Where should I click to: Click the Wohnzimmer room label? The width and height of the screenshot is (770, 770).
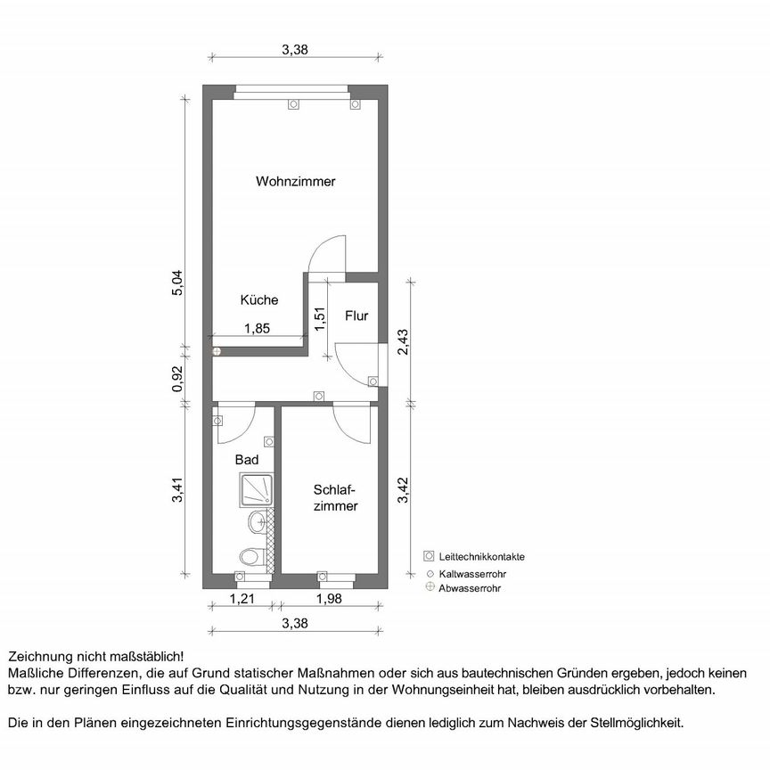click(295, 182)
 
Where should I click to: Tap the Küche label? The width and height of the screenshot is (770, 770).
click(258, 301)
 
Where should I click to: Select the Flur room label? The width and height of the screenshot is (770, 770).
click(356, 315)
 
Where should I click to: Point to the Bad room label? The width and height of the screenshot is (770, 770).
click(247, 460)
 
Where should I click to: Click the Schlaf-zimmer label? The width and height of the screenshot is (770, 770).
click(335, 498)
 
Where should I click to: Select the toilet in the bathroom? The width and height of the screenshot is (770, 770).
click(250, 557)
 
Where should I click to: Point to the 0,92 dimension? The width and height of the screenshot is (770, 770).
click(177, 379)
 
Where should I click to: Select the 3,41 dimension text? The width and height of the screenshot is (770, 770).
click(177, 491)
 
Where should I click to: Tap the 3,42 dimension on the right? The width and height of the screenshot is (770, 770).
click(403, 491)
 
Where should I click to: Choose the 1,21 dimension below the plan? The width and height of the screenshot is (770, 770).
click(242, 599)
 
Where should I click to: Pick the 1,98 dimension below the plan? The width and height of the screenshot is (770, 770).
click(329, 599)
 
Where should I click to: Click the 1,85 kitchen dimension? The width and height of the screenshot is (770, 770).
click(257, 328)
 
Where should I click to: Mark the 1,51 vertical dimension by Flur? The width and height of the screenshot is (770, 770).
click(319, 315)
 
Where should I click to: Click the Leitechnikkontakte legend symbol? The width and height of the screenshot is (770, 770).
click(429, 556)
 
